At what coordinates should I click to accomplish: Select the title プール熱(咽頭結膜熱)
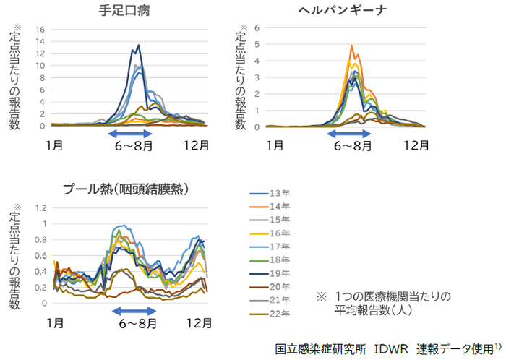click(x=126, y=189)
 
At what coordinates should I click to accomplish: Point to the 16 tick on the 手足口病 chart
click(x=40, y=30)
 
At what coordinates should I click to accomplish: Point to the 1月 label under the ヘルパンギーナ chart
click(x=274, y=144)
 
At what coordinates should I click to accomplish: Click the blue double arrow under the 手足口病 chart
click(x=131, y=134)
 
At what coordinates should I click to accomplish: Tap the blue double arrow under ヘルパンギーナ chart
click(x=351, y=134)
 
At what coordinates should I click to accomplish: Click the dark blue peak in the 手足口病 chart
click(x=138, y=46)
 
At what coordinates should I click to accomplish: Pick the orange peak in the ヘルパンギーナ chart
click(x=351, y=46)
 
